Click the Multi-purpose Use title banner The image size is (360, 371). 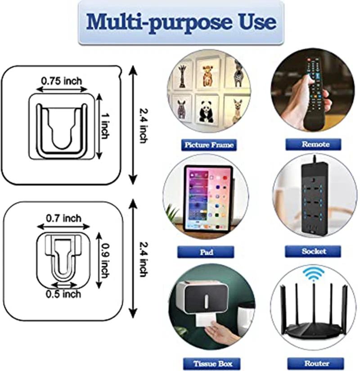point(181,22)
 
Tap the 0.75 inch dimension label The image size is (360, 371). point(62,81)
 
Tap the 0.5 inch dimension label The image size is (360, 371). point(63,294)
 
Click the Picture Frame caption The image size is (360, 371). point(208,145)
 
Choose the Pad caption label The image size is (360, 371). point(206,252)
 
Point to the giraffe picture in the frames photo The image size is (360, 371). point(182,76)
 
